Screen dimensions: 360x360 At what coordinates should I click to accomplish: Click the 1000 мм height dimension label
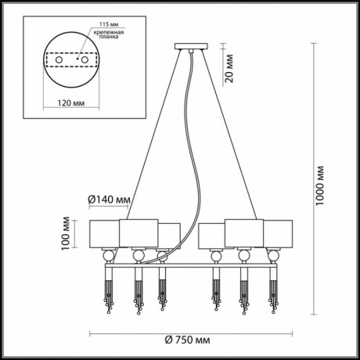pyautogui.click(x=319, y=185)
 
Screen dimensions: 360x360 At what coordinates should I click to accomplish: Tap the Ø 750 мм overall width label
pyautogui.click(x=187, y=340)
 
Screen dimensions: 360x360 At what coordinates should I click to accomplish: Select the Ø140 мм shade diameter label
pyautogui.click(x=109, y=200)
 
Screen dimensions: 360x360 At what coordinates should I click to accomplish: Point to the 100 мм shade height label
pyautogui.click(x=66, y=233)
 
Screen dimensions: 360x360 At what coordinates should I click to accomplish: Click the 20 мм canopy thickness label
pyautogui.click(x=229, y=69)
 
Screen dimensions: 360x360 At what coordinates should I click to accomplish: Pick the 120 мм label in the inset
pyautogui.click(x=71, y=103)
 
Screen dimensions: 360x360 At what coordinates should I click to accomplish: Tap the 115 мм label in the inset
pyautogui.click(x=109, y=24)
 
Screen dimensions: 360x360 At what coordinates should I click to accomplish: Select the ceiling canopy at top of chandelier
pyautogui.click(x=191, y=46)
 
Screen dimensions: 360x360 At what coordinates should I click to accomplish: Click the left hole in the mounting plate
pyautogui.click(x=59, y=60)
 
